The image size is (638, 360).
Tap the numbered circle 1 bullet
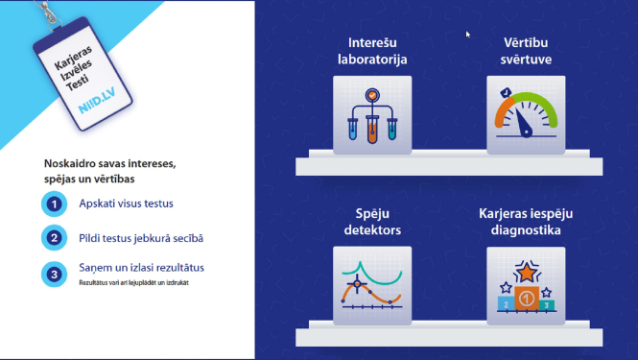tap(56, 204)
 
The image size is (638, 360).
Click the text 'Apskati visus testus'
tap(126, 204)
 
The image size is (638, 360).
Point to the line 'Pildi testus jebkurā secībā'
tap(141, 237)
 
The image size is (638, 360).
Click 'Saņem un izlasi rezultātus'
tap(141, 267)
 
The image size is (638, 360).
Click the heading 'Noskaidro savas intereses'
tap(110, 164)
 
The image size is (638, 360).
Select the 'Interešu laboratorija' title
tap(372, 51)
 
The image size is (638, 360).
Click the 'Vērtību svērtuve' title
tap(526, 51)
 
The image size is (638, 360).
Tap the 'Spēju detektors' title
tap(372, 223)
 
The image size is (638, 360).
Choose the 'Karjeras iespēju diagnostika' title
tap(526, 223)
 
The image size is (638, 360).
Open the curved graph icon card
tap(372, 285)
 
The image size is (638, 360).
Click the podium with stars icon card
tap(526, 285)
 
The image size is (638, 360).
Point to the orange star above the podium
tap(526, 266)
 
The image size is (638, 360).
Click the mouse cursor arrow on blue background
tap(468, 35)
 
